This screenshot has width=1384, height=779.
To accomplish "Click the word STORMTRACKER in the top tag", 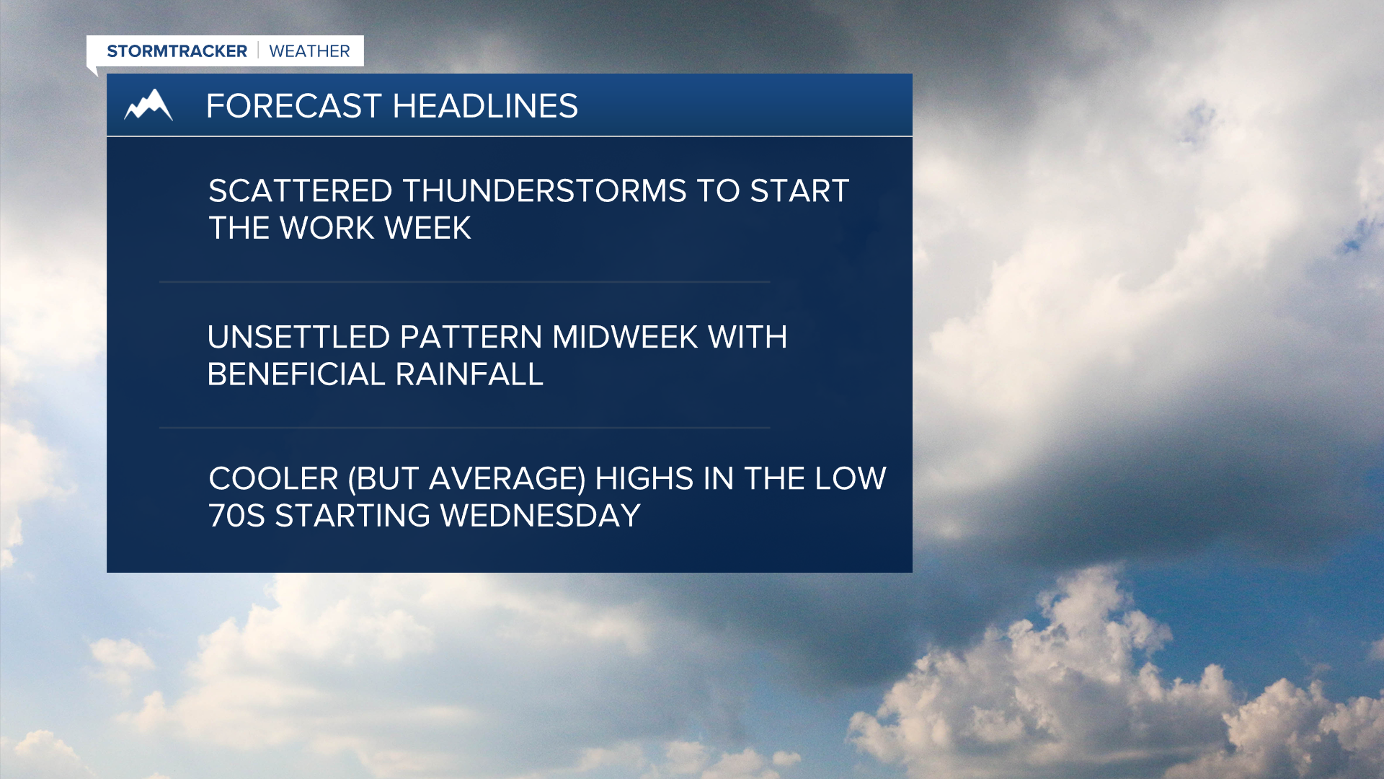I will [x=177, y=51].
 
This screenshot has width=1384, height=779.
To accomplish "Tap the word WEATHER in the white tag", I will [x=309, y=51].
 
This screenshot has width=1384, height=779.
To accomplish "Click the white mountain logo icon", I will [x=148, y=105].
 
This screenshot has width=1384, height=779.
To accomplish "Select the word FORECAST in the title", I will [x=293, y=106].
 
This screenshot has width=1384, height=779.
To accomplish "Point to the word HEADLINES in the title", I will [x=485, y=106].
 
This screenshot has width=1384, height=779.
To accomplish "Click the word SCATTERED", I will [x=300, y=191].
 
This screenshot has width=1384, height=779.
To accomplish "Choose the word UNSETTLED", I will [x=298, y=338].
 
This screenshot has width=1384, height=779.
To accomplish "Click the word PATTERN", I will [x=471, y=338].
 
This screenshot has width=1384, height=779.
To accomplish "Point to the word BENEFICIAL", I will [x=296, y=375].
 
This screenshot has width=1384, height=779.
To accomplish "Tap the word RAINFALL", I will [x=469, y=375].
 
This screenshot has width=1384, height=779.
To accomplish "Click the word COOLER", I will [x=273, y=479].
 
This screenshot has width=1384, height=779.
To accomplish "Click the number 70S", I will [x=236, y=516].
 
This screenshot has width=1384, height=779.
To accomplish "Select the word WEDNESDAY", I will [x=540, y=516].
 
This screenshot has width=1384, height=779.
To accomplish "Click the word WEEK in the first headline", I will [x=427, y=229].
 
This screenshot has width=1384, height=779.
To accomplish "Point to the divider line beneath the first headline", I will [x=465, y=282].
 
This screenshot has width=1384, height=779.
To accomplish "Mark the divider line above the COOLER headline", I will [x=465, y=428].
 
